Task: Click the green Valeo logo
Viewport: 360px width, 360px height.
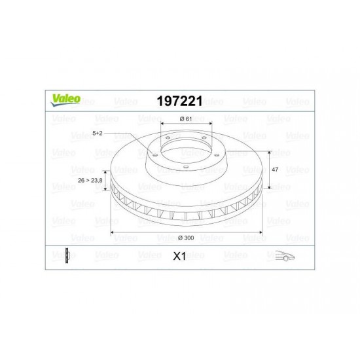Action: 65,100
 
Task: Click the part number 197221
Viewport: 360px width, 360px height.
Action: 180,101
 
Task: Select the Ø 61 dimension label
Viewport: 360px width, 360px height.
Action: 186,118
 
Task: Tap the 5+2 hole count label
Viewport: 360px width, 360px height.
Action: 98,133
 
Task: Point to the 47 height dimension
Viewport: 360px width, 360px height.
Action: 275,170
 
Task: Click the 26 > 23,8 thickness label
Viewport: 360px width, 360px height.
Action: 90,180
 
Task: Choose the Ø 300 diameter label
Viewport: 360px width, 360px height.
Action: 186,238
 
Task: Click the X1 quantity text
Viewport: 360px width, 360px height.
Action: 179,256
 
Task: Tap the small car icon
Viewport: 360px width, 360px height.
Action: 285,255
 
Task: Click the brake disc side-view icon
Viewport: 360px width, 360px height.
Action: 67,255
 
